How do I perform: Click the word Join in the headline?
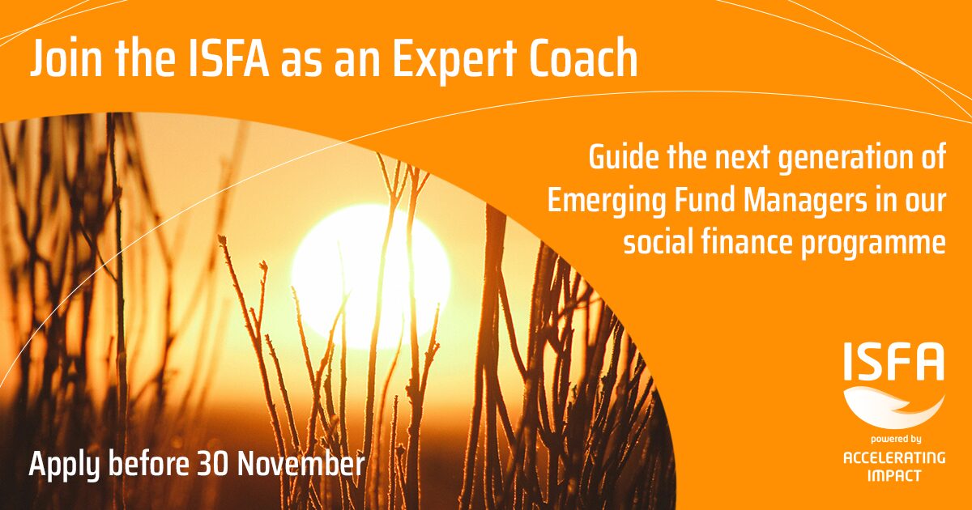[x=66, y=58]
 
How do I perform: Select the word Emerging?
[x=606, y=202]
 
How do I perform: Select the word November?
[x=301, y=464]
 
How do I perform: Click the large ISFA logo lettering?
[x=894, y=361]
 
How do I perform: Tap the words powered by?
[x=896, y=440]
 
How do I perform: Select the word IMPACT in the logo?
[x=894, y=476]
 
